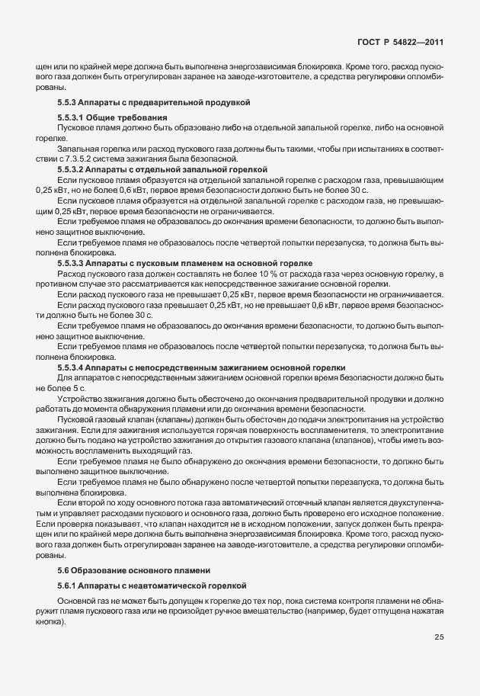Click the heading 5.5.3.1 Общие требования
tap(112, 117)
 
